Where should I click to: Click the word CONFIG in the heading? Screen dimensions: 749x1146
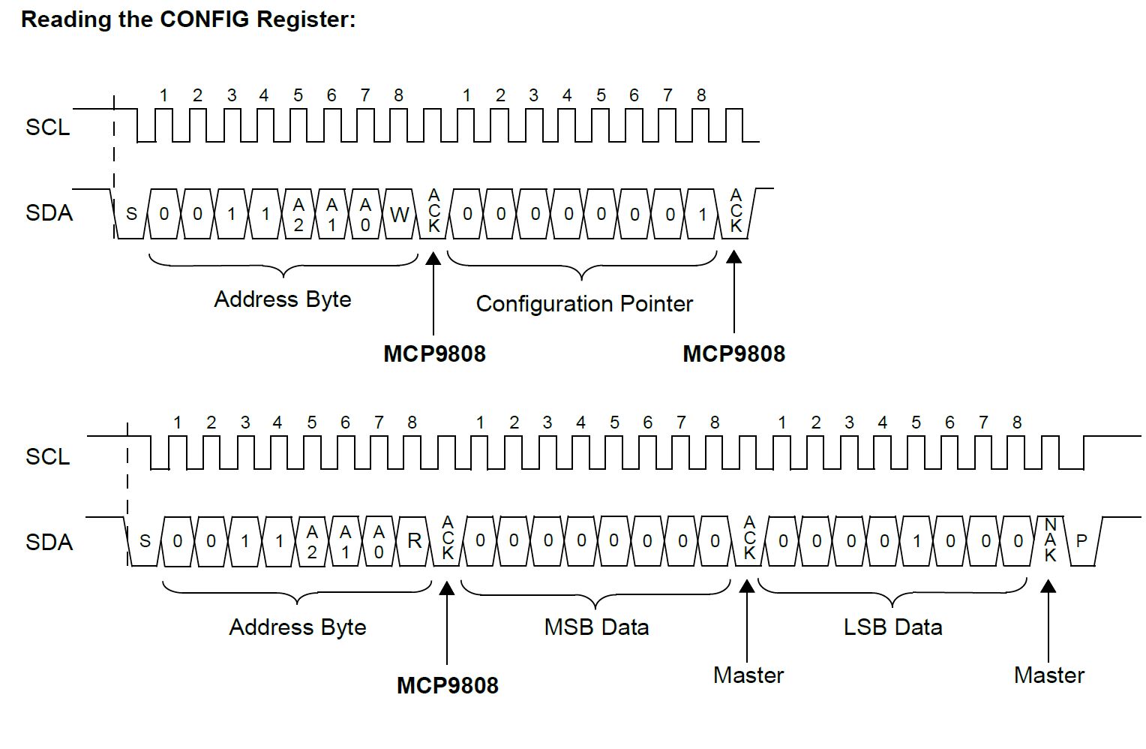[x=204, y=19]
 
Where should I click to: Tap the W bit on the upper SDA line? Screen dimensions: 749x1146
[x=399, y=215]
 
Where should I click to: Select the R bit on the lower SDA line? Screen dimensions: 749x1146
[x=414, y=541]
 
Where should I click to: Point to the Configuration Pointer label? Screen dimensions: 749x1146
[x=584, y=304]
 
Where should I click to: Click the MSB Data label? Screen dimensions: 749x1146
[x=596, y=627]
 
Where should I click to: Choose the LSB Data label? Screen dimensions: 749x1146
[x=892, y=627]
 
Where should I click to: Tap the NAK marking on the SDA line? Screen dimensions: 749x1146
[x=1050, y=540]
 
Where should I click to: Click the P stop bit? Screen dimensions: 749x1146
[x=1081, y=541]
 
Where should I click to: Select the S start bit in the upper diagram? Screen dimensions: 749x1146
[x=131, y=215]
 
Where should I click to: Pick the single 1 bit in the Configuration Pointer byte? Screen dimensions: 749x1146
[x=703, y=215]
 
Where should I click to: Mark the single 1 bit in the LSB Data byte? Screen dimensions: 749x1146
[x=916, y=541]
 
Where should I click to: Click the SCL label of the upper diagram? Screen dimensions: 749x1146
[x=48, y=128]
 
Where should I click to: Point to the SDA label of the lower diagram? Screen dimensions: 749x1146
[x=49, y=543]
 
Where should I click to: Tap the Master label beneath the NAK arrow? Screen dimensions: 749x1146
[x=1049, y=675]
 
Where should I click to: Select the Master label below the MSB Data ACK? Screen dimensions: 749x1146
[x=748, y=675]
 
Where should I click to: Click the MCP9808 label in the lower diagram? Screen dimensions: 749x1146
[x=448, y=685]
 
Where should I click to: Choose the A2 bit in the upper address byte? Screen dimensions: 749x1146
[x=298, y=215]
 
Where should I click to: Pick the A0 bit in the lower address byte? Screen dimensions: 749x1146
[x=379, y=542]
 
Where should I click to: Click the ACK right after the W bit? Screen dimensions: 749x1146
[x=433, y=211]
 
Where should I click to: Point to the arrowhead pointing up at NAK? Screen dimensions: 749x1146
[x=1048, y=586]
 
